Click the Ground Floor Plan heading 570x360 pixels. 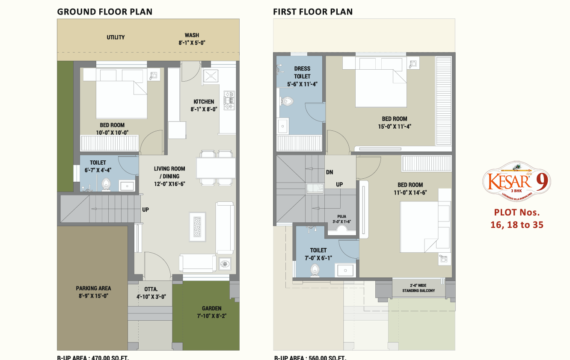(105, 12)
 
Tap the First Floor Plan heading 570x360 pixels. (313, 12)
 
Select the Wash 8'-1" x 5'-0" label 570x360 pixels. (192, 39)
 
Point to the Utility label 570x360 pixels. (116, 38)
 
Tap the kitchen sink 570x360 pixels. (211, 77)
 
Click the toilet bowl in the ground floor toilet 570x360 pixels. (106, 185)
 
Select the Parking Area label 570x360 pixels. (93, 292)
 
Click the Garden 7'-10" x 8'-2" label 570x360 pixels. (212, 312)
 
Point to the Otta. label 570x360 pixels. (151, 292)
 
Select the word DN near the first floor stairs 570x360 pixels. (330, 172)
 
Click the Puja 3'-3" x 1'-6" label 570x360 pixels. (341, 219)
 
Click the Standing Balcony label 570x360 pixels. (419, 288)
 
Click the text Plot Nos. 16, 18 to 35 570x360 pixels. (517, 218)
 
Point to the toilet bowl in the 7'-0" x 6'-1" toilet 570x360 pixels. (315, 269)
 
